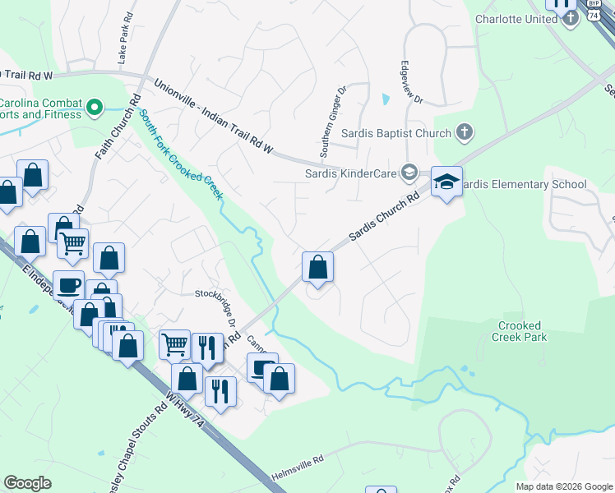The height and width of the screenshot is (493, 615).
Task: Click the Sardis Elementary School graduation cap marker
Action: (446, 182)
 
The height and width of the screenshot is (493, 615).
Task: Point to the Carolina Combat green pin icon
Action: (95, 107)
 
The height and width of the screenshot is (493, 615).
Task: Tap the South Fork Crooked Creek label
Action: (181, 154)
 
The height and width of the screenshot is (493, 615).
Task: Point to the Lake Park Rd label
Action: (126, 39)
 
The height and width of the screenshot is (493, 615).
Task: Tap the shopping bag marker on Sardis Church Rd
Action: (317, 268)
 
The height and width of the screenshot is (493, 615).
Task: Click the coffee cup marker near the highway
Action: (69, 286)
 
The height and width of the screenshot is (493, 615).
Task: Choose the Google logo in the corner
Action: (27, 483)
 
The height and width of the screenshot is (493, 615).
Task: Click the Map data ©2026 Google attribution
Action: (563, 486)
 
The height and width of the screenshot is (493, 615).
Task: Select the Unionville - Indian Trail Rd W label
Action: (213, 115)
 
